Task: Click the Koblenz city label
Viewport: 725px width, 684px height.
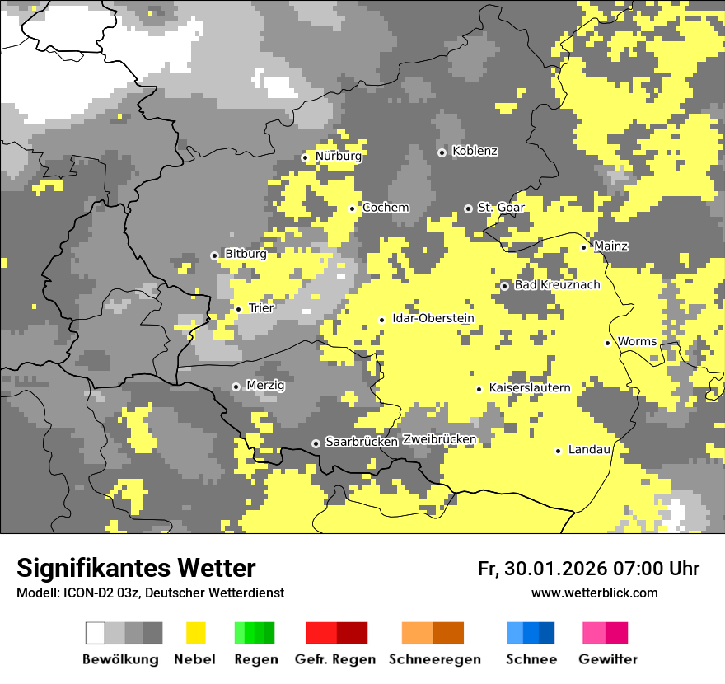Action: coord(475,152)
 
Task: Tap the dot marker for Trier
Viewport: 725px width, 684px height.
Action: coord(238,309)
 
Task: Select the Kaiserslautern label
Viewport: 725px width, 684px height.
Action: coord(529,388)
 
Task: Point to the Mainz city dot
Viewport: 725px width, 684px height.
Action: coord(583,247)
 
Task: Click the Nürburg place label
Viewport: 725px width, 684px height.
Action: coord(338,156)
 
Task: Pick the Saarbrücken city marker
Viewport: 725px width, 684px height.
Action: coord(316,443)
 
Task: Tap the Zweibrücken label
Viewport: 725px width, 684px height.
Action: coord(439,440)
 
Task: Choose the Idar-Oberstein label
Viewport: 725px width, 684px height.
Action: coord(433,319)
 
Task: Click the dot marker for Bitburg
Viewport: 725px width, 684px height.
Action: coord(214,255)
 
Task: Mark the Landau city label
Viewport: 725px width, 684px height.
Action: coord(589,450)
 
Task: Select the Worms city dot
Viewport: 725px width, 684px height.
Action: coord(607,343)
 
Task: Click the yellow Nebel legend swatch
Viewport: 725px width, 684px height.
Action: coord(195,633)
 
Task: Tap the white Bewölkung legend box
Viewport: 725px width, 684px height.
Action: coord(96,633)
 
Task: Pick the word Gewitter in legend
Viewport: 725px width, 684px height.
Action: coord(607,659)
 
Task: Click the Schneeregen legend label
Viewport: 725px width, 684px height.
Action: coord(435,659)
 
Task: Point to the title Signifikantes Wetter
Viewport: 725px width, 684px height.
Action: coord(136,568)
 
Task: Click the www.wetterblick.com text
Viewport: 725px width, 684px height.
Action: coord(594,593)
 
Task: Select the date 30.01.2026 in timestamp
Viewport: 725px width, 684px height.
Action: coord(554,569)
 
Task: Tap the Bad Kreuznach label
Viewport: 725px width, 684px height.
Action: coord(557,285)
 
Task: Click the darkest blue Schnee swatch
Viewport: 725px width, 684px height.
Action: coord(547,633)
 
